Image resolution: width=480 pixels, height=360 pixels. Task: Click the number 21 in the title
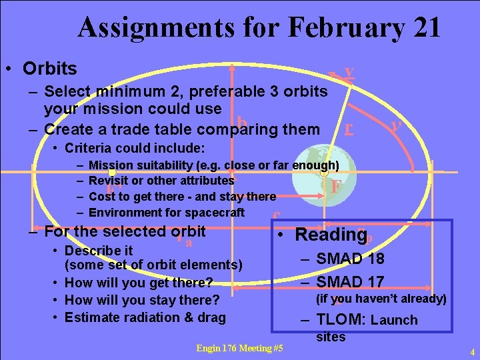421,28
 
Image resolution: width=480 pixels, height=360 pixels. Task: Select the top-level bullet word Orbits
49,69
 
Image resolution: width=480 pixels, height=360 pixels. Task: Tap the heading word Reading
326,235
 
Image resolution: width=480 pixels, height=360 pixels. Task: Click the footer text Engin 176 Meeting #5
239,348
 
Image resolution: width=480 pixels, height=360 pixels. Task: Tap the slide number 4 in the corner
471,351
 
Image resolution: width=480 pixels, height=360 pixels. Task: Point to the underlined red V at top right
349,73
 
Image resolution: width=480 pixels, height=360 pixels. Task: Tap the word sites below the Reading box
331,337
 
